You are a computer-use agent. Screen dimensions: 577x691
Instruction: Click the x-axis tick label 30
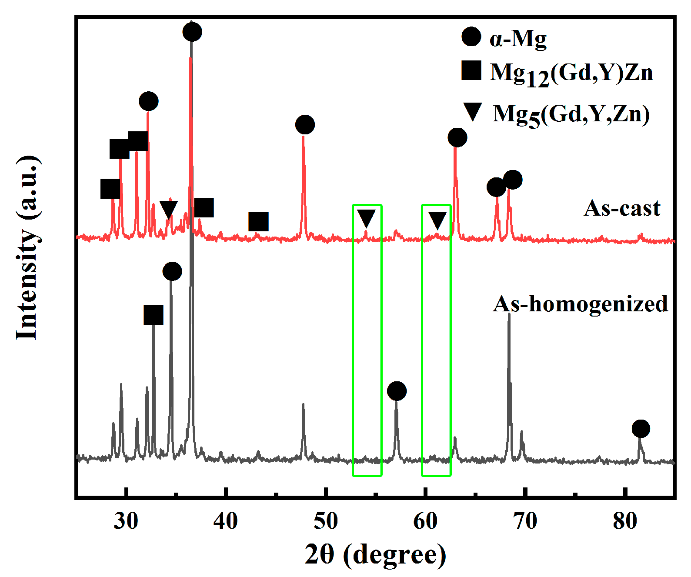click(x=126, y=520)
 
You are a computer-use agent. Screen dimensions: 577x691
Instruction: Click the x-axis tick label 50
click(x=326, y=520)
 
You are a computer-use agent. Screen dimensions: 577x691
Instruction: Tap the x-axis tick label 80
click(x=625, y=520)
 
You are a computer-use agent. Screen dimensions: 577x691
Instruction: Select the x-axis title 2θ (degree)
click(x=375, y=554)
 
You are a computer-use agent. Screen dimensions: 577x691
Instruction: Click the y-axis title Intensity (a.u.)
click(x=28, y=248)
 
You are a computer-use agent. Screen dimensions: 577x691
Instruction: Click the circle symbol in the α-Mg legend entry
click(x=471, y=37)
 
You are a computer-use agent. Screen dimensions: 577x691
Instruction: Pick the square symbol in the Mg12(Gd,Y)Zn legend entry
click(x=471, y=70)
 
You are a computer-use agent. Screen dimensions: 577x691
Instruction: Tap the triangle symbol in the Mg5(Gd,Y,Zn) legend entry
click(x=472, y=111)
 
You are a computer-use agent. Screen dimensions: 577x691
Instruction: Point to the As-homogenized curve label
click(x=581, y=304)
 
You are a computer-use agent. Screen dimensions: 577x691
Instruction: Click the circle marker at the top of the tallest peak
click(x=192, y=32)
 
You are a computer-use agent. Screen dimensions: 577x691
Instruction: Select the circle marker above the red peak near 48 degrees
click(x=305, y=125)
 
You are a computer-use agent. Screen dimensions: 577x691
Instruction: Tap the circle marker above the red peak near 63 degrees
click(x=457, y=138)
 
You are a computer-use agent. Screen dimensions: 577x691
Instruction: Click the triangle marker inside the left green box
click(x=366, y=218)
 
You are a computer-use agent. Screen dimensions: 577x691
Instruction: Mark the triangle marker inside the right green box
click(x=437, y=220)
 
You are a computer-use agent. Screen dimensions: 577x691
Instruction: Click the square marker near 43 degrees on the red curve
click(x=258, y=222)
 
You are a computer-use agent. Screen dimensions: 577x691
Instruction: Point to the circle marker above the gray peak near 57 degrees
click(x=397, y=391)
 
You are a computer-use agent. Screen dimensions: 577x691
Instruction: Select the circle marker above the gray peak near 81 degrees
click(x=641, y=429)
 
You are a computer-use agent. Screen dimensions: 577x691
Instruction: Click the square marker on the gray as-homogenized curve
click(x=154, y=315)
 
